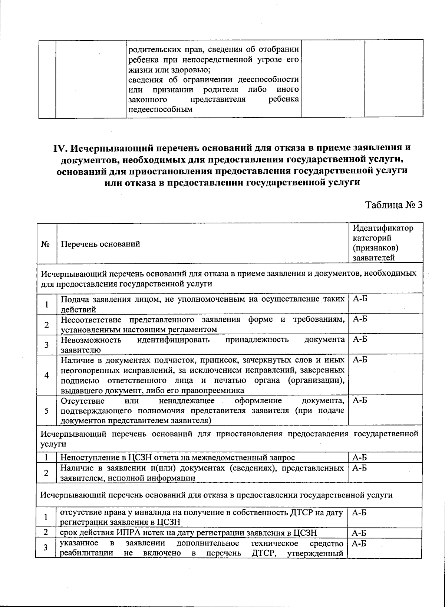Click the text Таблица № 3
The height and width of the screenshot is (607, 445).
[394, 205]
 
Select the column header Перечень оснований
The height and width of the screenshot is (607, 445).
[100, 244]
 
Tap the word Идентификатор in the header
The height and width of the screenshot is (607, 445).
[383, 228]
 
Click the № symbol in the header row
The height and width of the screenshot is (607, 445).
[46, 244]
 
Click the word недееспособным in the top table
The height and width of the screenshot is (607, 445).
[160, 109]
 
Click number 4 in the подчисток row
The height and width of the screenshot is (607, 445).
[47, 375]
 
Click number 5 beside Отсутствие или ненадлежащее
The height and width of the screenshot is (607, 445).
[47, 410]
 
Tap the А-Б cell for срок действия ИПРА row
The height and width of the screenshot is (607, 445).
[359, 533]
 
